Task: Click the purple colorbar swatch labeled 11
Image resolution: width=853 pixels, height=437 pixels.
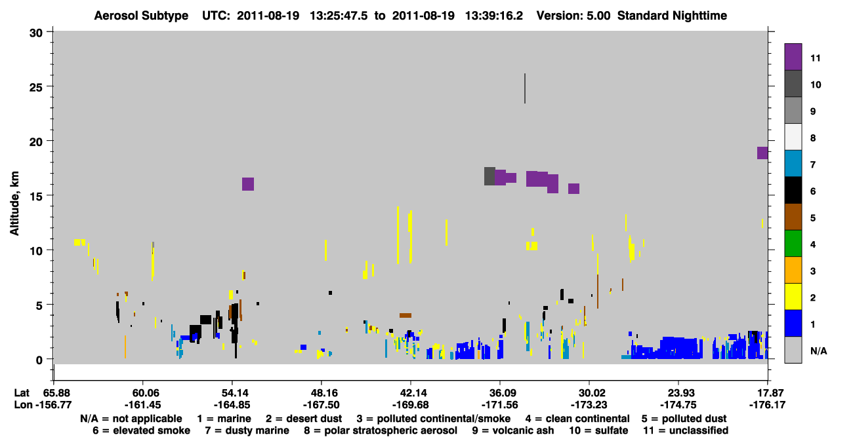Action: click(793, 57)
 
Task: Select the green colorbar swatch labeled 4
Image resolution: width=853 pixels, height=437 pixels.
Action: click(793, 244)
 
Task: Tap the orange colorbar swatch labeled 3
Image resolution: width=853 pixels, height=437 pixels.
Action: click(793, 270)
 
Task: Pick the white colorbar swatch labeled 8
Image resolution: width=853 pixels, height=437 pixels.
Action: click(793, 137)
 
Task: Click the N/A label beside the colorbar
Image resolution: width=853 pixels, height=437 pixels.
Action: click(818, 351)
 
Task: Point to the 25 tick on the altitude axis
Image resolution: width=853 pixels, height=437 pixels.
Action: click(49, 86)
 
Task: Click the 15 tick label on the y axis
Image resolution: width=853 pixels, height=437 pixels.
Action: click(36, 197)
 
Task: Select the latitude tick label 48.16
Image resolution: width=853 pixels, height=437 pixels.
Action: click(322, 393)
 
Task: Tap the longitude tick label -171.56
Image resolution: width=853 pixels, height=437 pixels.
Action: click(499, 405)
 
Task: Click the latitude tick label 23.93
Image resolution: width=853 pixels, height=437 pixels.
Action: click(678, 393)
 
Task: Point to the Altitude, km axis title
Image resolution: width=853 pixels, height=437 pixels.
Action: click(14, 203)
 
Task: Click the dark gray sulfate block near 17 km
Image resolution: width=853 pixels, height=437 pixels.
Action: click(489, 176)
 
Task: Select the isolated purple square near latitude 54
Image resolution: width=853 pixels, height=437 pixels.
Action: click(248, 184)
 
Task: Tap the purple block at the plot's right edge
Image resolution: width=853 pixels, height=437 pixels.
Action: click(762, 153)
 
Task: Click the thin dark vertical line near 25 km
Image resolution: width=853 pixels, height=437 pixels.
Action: click(525, 88)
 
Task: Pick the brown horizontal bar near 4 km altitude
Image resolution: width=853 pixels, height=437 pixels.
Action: click(406, 315)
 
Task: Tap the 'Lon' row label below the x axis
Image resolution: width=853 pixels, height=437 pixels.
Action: click(23, 405)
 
